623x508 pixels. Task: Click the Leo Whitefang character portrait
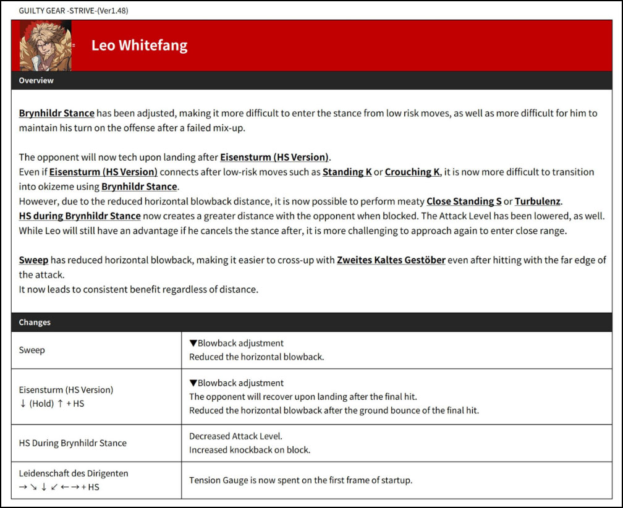tap(45, 46)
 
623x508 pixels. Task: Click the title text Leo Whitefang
tap(139, 46)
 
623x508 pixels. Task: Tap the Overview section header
tap(36, 80)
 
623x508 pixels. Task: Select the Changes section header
tap(35, 322)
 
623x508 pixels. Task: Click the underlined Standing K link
tap(347, 172)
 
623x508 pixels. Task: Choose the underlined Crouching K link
tap(412, 172)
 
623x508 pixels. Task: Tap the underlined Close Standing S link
tap(464, 201)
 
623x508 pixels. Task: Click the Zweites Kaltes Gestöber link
tap(391, 260)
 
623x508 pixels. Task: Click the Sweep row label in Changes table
tap(32, 350)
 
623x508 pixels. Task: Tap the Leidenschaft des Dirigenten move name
tap(74, 473)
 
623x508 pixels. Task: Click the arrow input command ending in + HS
tap(59, 487)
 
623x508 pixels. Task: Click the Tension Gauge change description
tap(300, 480)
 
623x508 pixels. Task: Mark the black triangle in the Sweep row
tap(193, 343)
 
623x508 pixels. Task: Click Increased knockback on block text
tap(250, 450)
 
